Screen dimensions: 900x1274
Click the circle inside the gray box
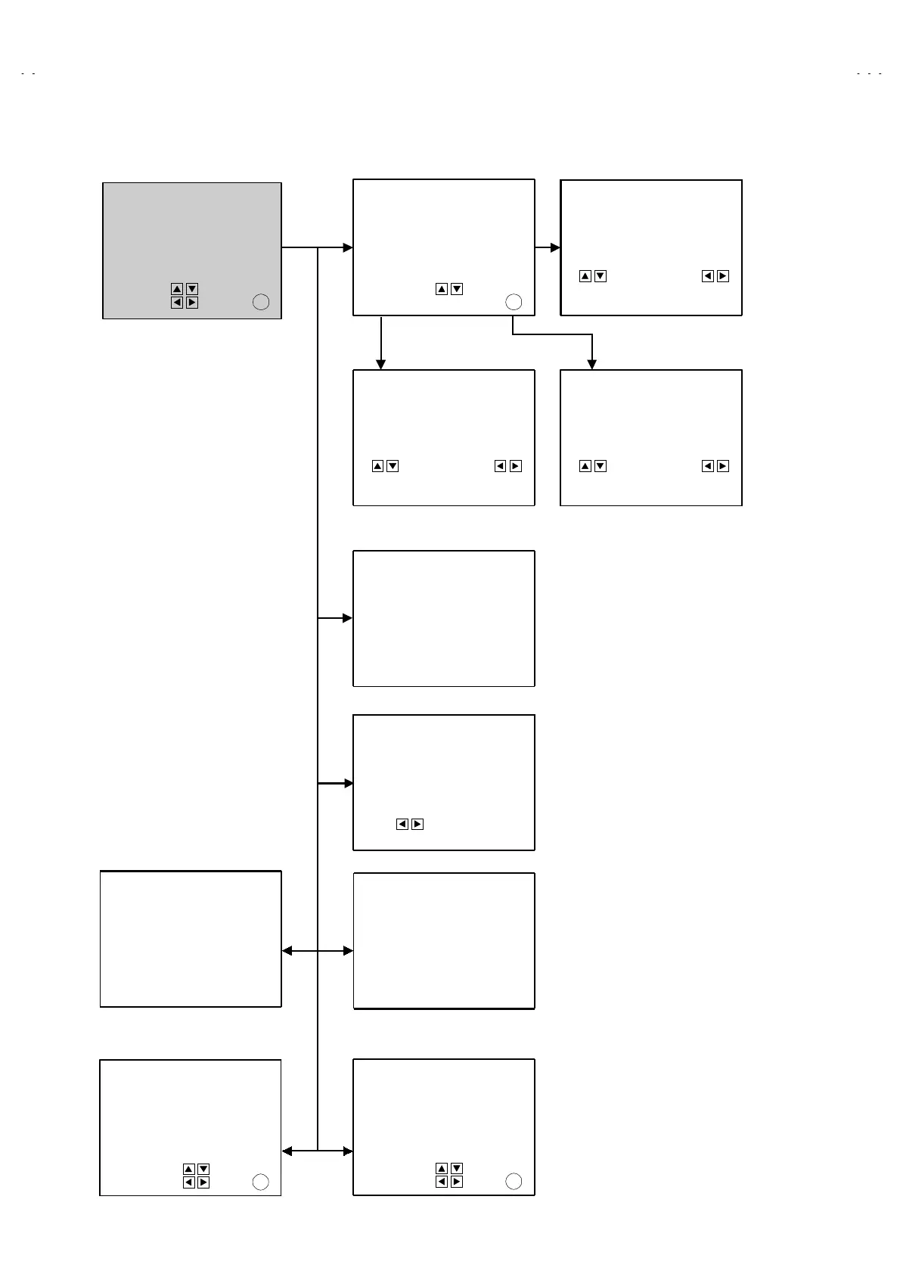coord(260,302)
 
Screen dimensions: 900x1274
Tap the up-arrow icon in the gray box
coord(177,289)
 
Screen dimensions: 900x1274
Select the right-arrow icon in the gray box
coord(192,303)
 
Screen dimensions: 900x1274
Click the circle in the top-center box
coord(514,302)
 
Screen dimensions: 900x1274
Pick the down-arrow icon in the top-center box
coord(457,289)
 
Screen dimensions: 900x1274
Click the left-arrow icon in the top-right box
coord(708,276)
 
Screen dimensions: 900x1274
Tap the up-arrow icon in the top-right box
coord(585,276)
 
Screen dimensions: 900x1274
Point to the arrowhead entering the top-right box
coord(555,247)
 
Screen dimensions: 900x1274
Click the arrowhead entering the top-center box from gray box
coord(348,247)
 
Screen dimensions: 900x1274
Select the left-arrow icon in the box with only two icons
coord(402,824)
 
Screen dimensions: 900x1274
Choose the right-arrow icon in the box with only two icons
coord(417,824)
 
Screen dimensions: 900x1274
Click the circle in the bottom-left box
coord(260,1182)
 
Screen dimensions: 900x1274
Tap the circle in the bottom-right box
coord(514,1182)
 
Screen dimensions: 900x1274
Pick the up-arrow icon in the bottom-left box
coord(189,1169)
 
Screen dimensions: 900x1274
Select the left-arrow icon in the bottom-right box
coord(442,1182)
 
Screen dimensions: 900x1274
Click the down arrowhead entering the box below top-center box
coord(381,365)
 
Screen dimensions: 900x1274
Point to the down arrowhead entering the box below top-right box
coord(592,365)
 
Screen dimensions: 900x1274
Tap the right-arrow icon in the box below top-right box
coord(723,466)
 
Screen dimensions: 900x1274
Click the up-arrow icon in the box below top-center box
coord(378,466)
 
